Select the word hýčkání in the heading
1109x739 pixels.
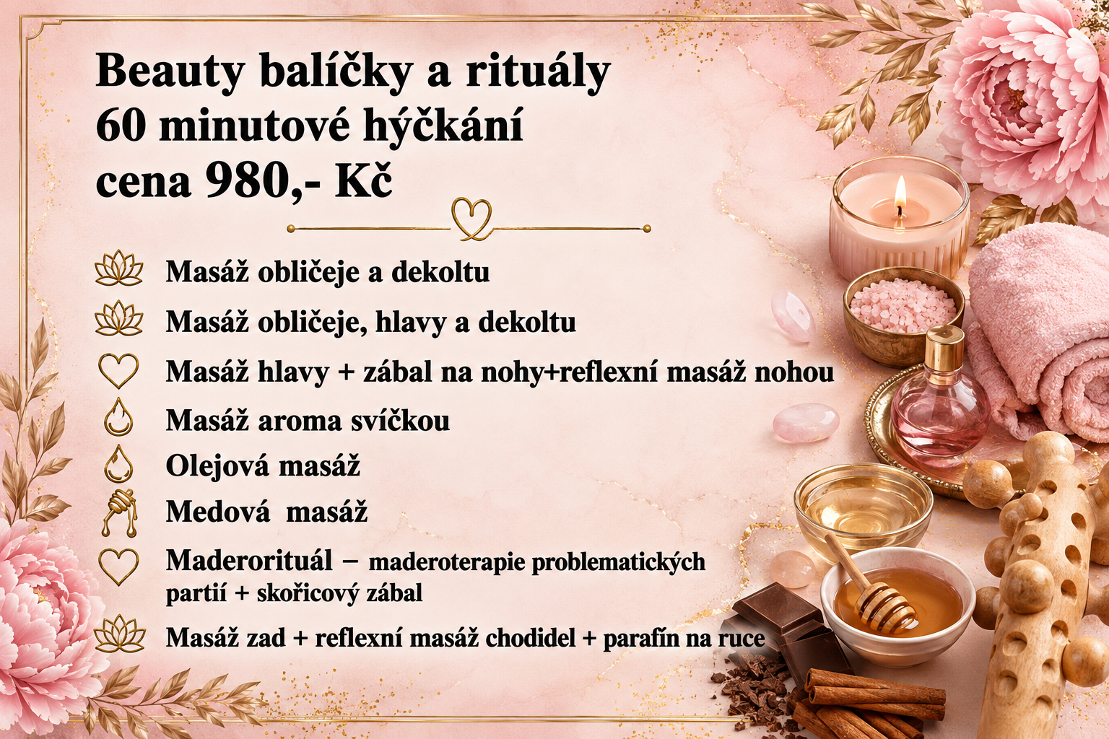coord(443,127)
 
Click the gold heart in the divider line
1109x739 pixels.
coord(471,219)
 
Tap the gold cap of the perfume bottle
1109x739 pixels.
coord(945,346)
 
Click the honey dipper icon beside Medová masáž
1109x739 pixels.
coord(118,513)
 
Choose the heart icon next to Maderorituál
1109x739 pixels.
coord(118,567)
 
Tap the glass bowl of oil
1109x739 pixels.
coord(864,505)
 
